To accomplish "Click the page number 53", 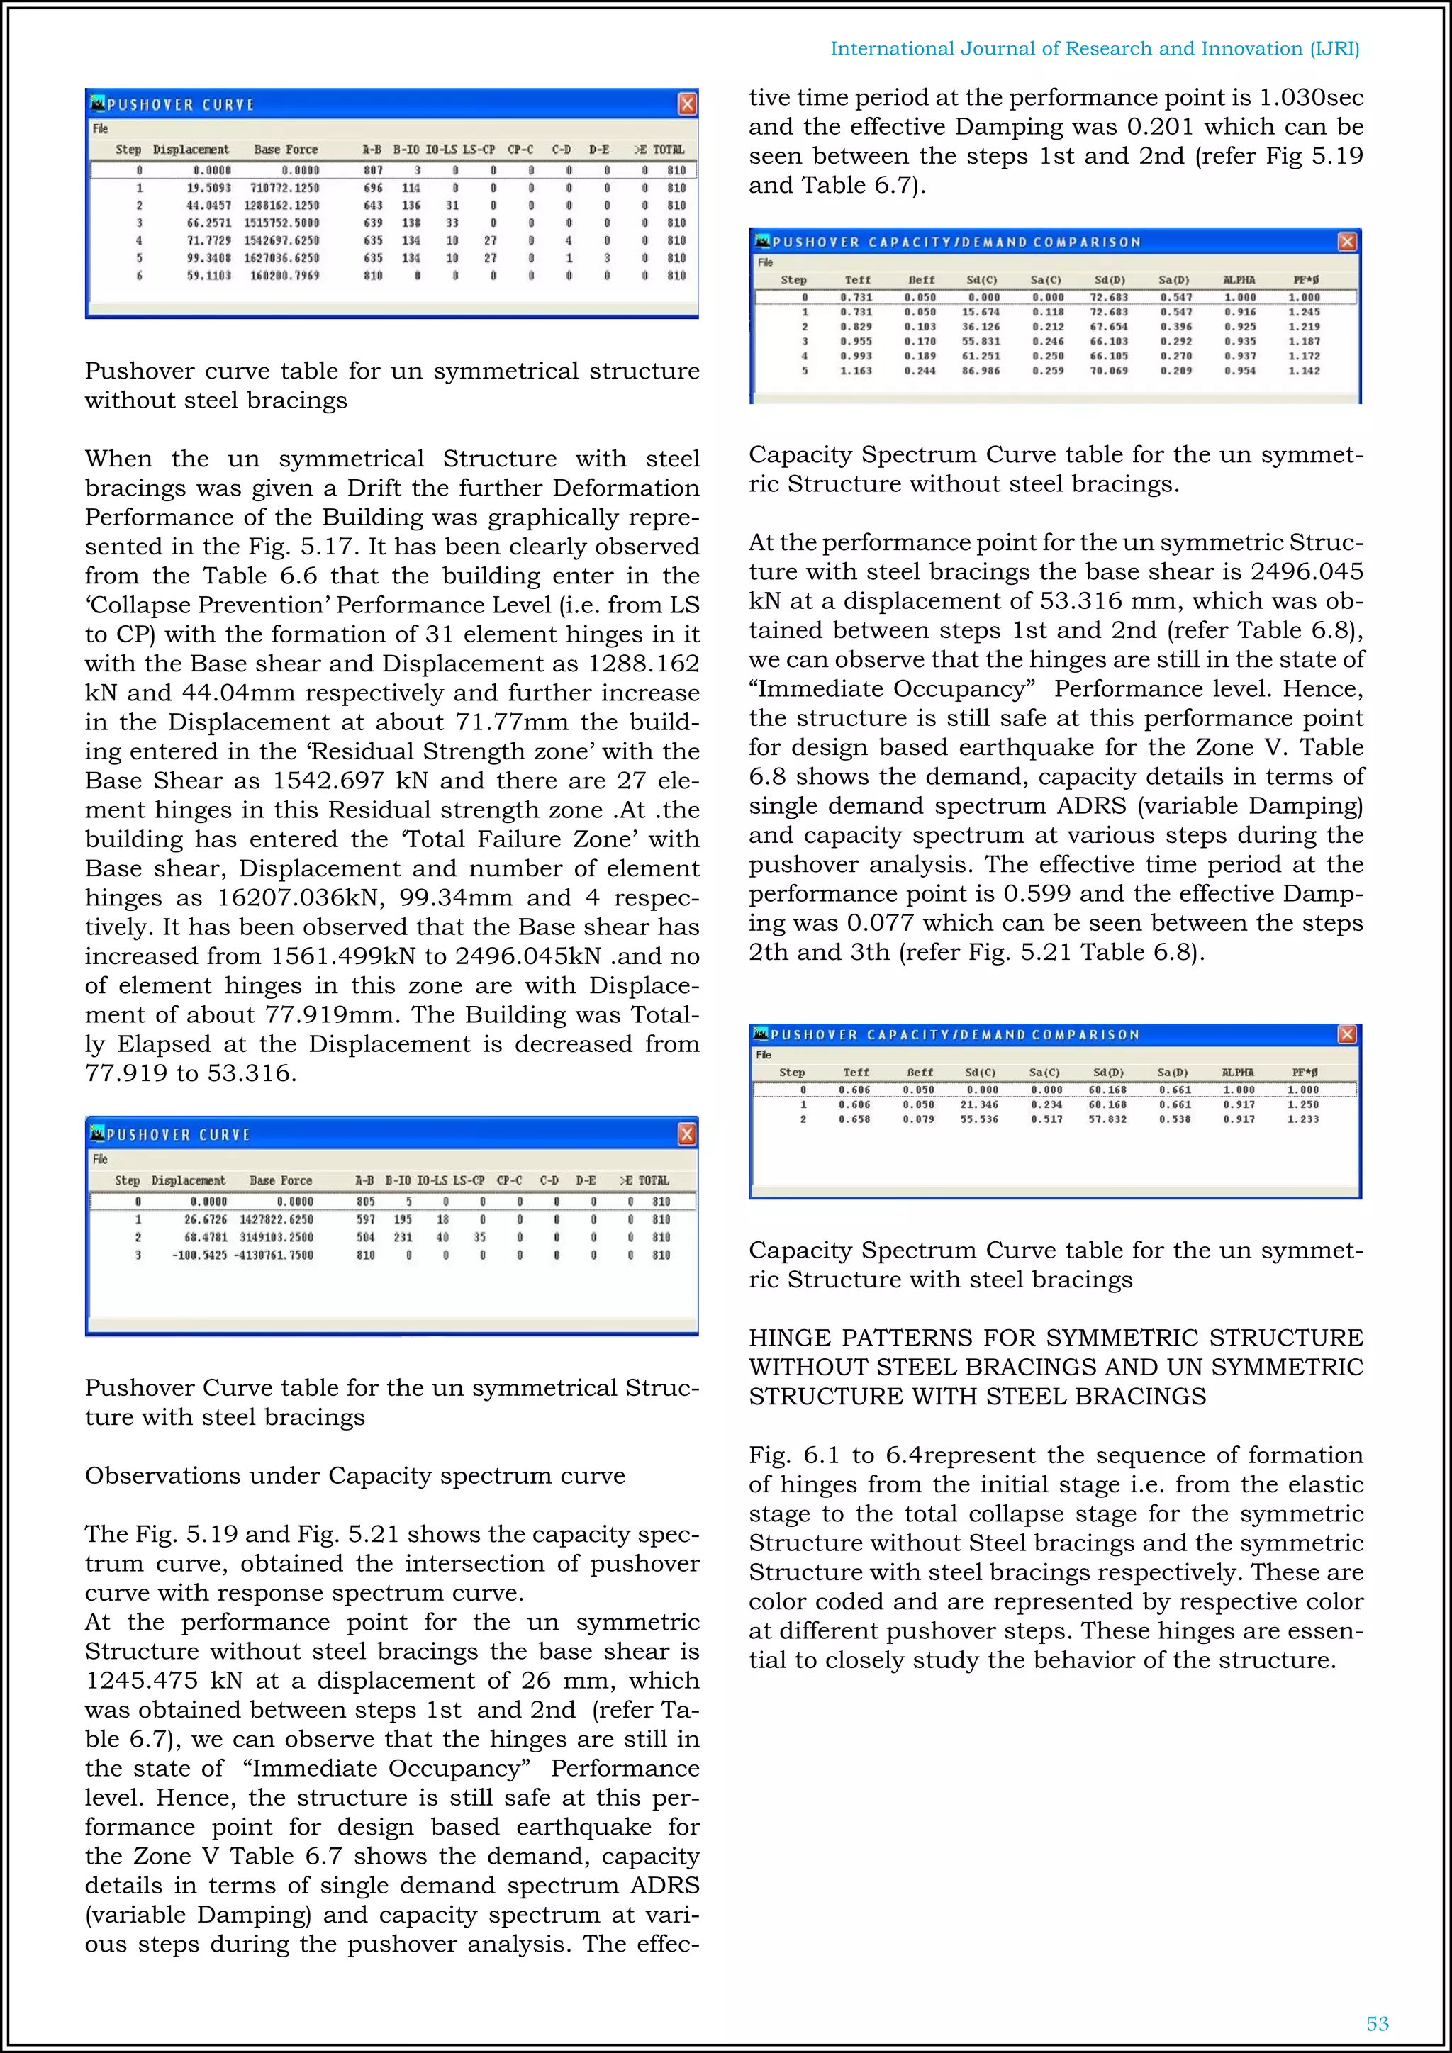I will (x=1377, y=2023).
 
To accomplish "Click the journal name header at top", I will (x=1095, y=48).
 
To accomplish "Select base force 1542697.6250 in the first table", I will (x=281, y=240).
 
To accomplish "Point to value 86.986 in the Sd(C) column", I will (x=981, y=370).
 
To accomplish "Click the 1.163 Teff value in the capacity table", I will (x=856, y=370).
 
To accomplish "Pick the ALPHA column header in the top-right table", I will (x=1239, y=280).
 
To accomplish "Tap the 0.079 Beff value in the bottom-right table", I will (x=918, y=1119).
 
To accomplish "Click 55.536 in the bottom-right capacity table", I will (x=980, y=1119).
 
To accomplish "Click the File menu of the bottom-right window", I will (x=764, y=1055).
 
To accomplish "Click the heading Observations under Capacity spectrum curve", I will (x=355, y=1475).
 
